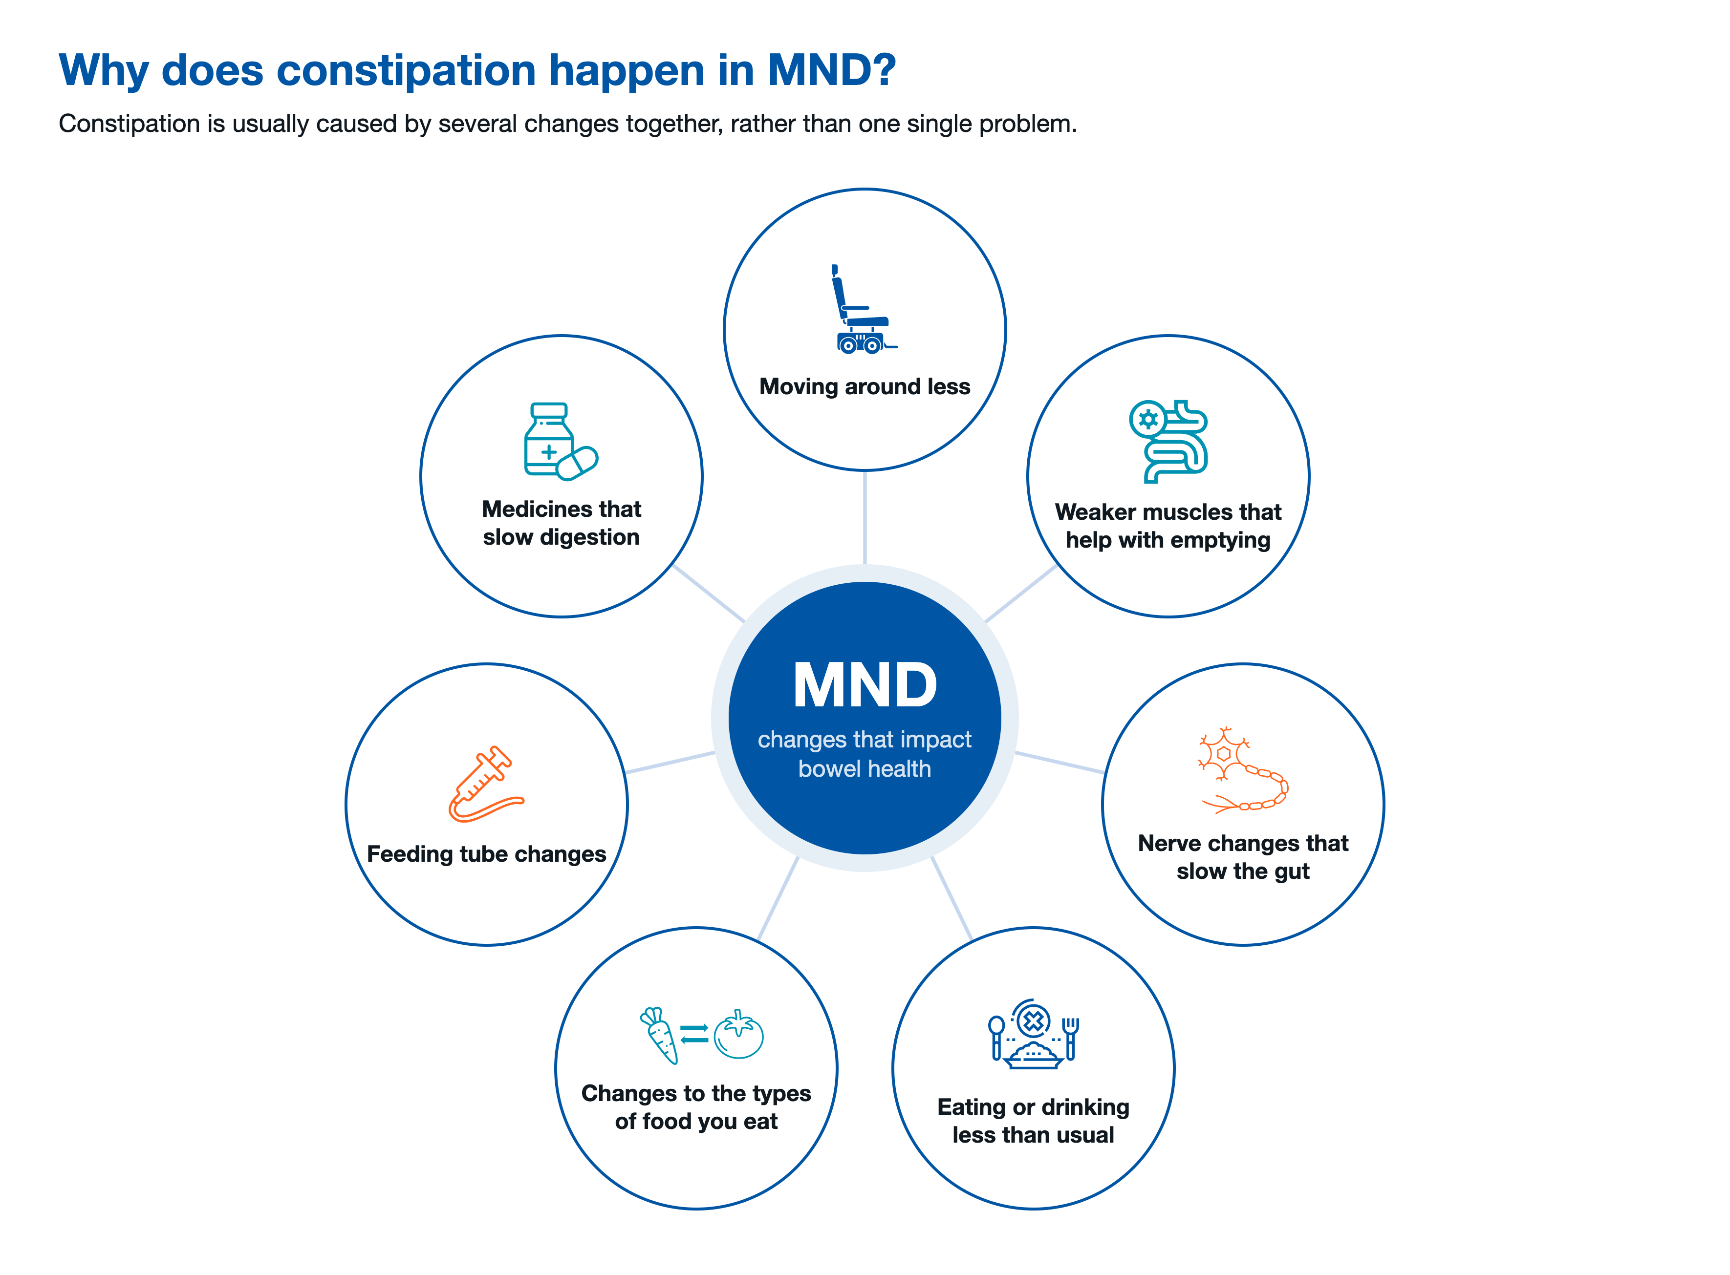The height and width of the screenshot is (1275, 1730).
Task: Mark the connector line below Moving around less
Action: tap(865, 518)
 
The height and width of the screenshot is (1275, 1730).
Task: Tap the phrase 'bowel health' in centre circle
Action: tap(865, 769)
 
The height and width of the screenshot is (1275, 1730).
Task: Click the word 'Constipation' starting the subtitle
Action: tap(129, 124)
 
